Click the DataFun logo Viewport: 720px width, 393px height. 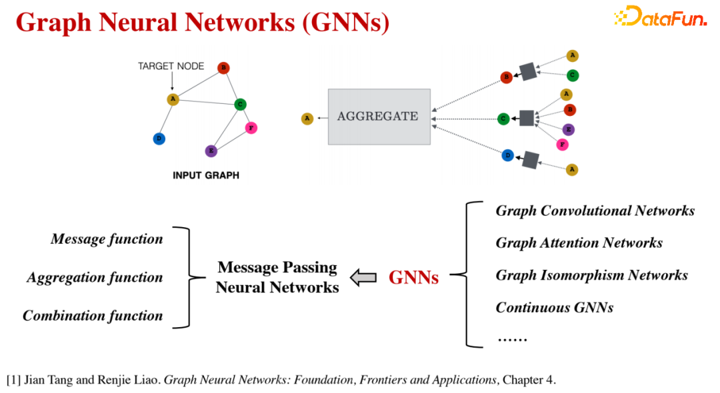tap(660, 17)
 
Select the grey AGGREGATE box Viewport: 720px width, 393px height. tap(379, 117)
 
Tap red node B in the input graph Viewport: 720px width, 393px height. tap(223, 67)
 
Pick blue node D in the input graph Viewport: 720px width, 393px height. tap(159, 139)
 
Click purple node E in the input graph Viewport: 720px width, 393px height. tap(211, 151)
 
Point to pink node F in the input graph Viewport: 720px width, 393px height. tap(251, 127)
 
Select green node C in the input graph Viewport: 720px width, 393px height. tap(241, 104)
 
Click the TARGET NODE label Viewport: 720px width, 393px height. tap(171, 66)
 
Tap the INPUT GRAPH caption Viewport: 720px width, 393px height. tap(205, 176)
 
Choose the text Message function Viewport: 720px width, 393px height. tap(107, 239)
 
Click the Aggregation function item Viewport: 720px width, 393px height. tap(95, 278)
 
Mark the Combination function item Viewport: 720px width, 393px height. tap(93, 316)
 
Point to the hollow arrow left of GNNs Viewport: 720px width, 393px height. tap(363, 278)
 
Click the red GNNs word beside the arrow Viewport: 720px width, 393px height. tap(413, 278)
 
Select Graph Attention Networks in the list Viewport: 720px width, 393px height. tap(579, 243)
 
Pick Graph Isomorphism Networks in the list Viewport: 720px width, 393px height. tap(591, 275)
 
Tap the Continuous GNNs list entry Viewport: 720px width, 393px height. tap(554, 308)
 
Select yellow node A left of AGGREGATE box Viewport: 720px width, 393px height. tap(307, 119)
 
